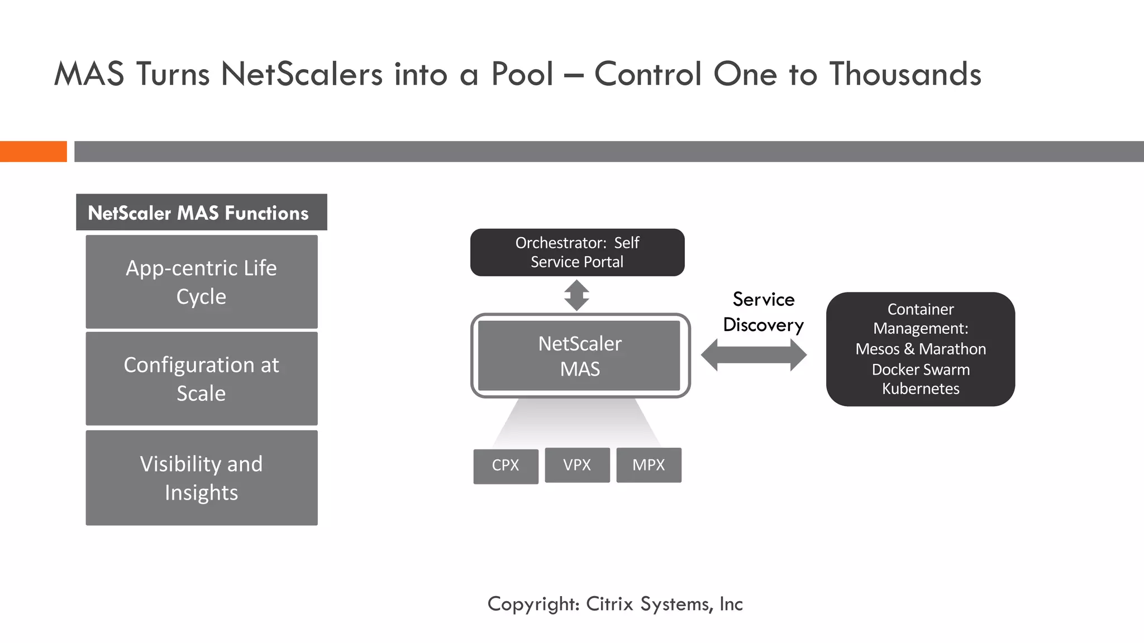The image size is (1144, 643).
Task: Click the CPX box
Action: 506,466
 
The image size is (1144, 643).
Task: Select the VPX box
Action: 577,464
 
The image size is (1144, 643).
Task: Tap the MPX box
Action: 649,464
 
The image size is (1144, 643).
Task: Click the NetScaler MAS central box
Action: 580,356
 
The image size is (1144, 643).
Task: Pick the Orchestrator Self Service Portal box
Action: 577,252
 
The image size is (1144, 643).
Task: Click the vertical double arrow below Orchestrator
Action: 576,295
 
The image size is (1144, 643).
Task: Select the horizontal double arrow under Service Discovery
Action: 754,355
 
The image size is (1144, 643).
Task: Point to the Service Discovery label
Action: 763,312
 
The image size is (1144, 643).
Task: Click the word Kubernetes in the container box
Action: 921,388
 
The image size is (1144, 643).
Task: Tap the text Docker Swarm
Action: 921,370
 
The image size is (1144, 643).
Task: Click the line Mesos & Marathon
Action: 921,349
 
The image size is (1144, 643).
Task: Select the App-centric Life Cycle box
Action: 202,282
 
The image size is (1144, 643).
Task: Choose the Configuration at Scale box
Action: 202,378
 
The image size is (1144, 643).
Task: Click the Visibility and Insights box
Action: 202,478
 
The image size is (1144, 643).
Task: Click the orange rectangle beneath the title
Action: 33,151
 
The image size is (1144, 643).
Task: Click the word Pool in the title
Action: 522,74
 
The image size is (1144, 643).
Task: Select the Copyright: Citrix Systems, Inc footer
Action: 615,604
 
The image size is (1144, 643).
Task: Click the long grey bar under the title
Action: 609,151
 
